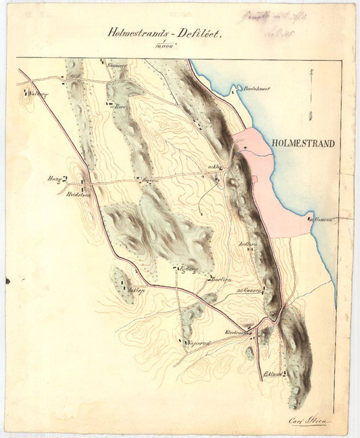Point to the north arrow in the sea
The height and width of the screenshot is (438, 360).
[310, 94]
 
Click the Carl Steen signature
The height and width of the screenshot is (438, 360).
[307, 420]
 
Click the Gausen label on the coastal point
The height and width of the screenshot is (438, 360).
[324, 220]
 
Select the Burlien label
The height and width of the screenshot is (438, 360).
[221, 279]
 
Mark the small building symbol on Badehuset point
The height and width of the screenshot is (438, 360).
[235, 87]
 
